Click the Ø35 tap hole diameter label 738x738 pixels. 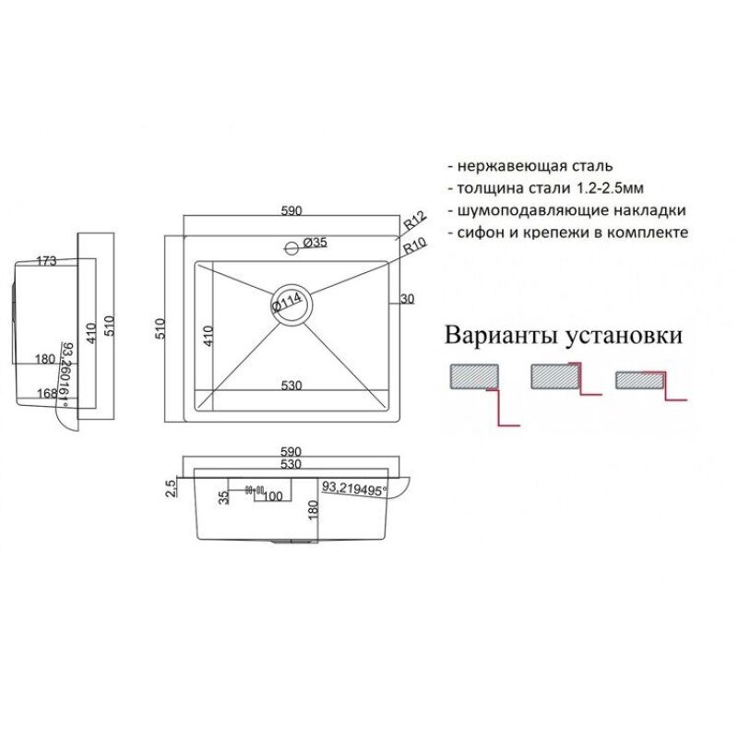tap(316, 243)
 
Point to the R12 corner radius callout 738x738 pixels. tap(413, 222)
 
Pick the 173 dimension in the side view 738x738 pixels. tap(44, 261)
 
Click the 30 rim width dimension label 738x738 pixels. tap(408, 298)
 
